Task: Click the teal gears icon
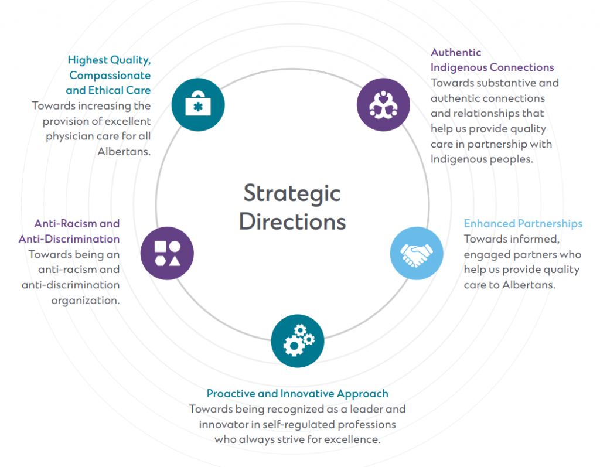tap(298, 341)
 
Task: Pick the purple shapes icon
tap(167, 253)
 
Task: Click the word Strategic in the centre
tap(292, 193)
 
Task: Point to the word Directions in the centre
tap(292, 222)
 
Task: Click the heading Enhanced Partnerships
tap(523, 224)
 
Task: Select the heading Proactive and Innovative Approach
tap(297, 394)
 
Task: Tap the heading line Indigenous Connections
tap(492, 67)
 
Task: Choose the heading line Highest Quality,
tap(109, 60)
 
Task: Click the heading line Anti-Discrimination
tap(69, 239)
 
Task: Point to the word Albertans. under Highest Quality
tap(125, 151)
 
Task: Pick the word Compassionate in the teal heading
tap(110, 75)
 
